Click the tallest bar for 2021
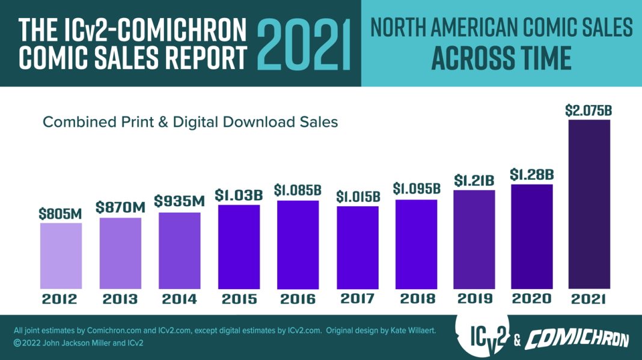(589, 204)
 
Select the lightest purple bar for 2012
(61, 255)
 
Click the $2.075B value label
(588, 111)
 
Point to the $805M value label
(61, 213)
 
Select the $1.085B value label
(298, 191)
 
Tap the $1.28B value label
(532, 175)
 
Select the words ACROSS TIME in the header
(501, 59)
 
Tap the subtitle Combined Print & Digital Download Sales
(190, 122)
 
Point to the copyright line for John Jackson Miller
(78, 344)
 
